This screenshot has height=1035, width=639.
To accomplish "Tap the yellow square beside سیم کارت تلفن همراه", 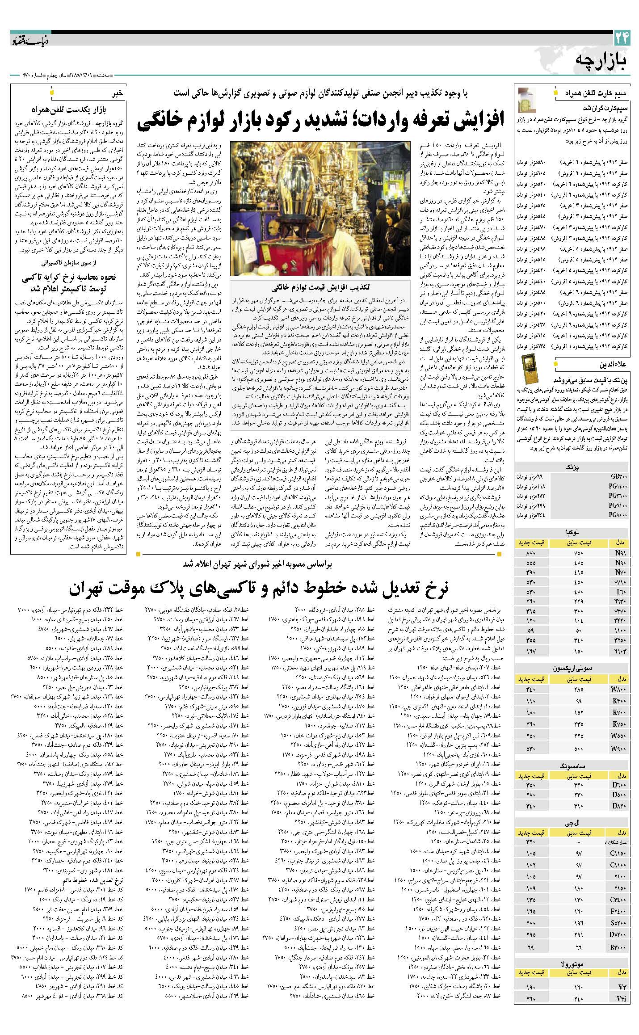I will pyautogui.click(x=555, y=94).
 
